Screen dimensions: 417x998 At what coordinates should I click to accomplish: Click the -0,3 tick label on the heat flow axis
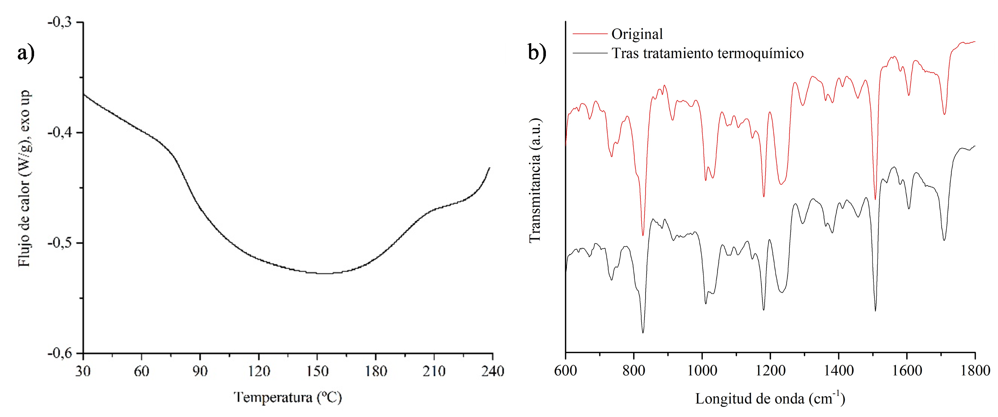click(x=60, y=23)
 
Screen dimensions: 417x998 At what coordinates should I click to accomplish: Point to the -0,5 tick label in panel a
click(x=60, y=243)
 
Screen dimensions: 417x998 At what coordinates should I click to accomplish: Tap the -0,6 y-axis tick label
click(x=60, y=354)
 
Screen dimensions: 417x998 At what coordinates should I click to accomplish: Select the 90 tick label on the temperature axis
click(x=200, y=371)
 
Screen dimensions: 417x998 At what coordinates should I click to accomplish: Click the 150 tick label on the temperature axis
click(x=317, y=371)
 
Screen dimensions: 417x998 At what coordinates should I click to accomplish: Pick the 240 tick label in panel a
click(x=492, y=371)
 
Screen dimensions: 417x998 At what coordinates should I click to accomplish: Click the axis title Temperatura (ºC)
click(x=288, y=398)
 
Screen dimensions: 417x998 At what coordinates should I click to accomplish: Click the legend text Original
click(x=637, y=34)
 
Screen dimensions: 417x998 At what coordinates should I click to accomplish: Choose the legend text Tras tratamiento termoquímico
click(x=707, y=53)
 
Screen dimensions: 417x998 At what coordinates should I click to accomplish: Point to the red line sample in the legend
click(x=590, y=34)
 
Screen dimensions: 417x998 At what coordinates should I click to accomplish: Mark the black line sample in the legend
click(x=590, y=53)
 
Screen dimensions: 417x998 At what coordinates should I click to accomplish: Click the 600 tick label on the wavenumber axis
click(x=566, y=371)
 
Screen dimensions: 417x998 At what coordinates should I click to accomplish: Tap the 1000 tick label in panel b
click(x=702, y=371)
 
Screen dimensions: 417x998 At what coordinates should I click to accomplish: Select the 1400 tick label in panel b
click(x=838, y=371)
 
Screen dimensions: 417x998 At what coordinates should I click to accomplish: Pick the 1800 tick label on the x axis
click(x=975, y=371)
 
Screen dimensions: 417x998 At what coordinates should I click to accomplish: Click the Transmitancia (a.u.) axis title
click(x=535, y=180)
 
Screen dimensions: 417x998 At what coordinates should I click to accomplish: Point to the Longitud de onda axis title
click(x=770, y=399)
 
